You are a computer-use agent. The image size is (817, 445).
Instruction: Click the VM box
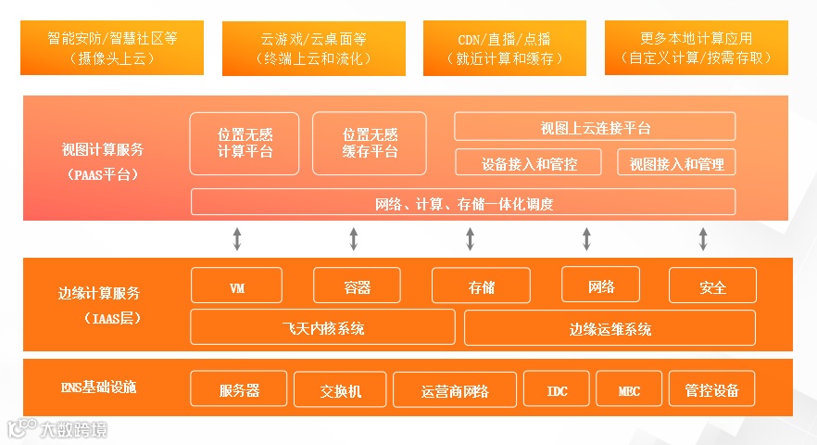236,286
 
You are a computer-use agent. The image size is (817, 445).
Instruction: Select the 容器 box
357,286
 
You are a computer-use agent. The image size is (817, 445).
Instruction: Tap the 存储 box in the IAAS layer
481,286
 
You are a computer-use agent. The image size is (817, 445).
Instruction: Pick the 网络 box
601,286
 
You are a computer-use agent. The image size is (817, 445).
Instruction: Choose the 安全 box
712,286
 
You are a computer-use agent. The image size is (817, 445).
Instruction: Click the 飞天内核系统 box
322,327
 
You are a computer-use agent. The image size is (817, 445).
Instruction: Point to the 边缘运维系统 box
610,327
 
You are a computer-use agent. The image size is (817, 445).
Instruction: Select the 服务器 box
239,389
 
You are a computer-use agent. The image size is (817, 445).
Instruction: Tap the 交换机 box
340,389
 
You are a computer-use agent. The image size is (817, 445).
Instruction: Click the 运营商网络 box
454,389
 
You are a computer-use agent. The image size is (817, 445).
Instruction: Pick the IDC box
556,389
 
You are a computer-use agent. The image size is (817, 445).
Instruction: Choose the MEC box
629,389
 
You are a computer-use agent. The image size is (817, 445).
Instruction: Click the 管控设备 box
711,389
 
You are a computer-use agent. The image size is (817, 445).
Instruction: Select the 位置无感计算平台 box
245,143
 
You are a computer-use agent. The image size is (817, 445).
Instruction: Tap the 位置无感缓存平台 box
370,143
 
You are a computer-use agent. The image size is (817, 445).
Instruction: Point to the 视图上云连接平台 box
595,127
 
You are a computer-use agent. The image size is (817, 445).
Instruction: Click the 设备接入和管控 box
529,163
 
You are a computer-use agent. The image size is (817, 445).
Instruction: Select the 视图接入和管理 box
676,163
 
